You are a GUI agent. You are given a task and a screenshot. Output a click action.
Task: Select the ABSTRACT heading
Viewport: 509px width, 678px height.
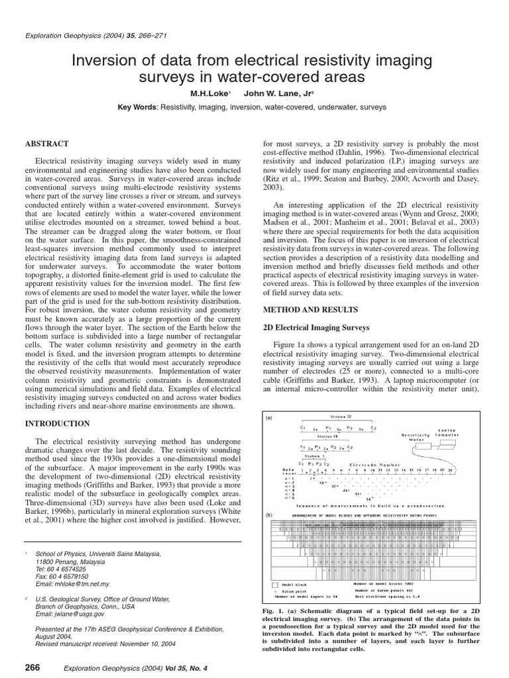[x=47, y=143]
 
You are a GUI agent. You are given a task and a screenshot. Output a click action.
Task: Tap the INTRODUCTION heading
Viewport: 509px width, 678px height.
[x=57, y=423]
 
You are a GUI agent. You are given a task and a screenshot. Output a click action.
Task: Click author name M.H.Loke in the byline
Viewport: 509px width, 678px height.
[x=209, y=93]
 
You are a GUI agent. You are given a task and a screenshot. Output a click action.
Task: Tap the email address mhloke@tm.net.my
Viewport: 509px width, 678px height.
[x=73, y=585]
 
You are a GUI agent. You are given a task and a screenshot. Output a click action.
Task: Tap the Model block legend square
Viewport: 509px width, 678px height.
[x=276, y=585]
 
